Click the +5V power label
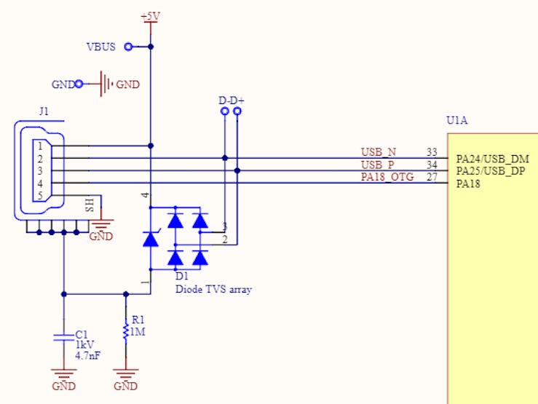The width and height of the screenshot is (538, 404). pyautogui.click(x=150, y=15)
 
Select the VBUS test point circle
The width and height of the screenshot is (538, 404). pyautogui.click(x=129, y=47)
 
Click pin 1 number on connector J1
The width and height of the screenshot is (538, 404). pyautogui.click(x=41, y=146)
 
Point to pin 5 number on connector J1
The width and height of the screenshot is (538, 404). pyautogui.click(x=41, y=195)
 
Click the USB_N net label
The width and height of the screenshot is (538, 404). pyautogui.click(x=379, y=152)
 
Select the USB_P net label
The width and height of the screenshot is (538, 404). pyautogui.click(x=378, y=165)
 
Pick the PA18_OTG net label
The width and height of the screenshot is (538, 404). pyautogui.click(x=387, y=177)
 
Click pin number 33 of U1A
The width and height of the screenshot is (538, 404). pyautogui.click(x=432, y=152)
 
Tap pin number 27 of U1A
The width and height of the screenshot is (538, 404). pyautogui.click(x=432, y=177)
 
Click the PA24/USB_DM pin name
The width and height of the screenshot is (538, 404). pyautogui.click(x=492, y=159)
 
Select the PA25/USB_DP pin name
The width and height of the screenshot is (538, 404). pyautogui.click(x=492, y=171)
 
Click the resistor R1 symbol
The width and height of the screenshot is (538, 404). pyautogui.click(x=126, y=331)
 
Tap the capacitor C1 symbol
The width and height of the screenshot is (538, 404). pyautogui.click(x=64, y=336)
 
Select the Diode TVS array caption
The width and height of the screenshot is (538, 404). pyautogui.click(x=213, y=289)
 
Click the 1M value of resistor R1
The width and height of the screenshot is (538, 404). pyautogui.click(x=138, y=332)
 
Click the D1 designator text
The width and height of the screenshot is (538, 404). pyautogui.click(x=182, y=277)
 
